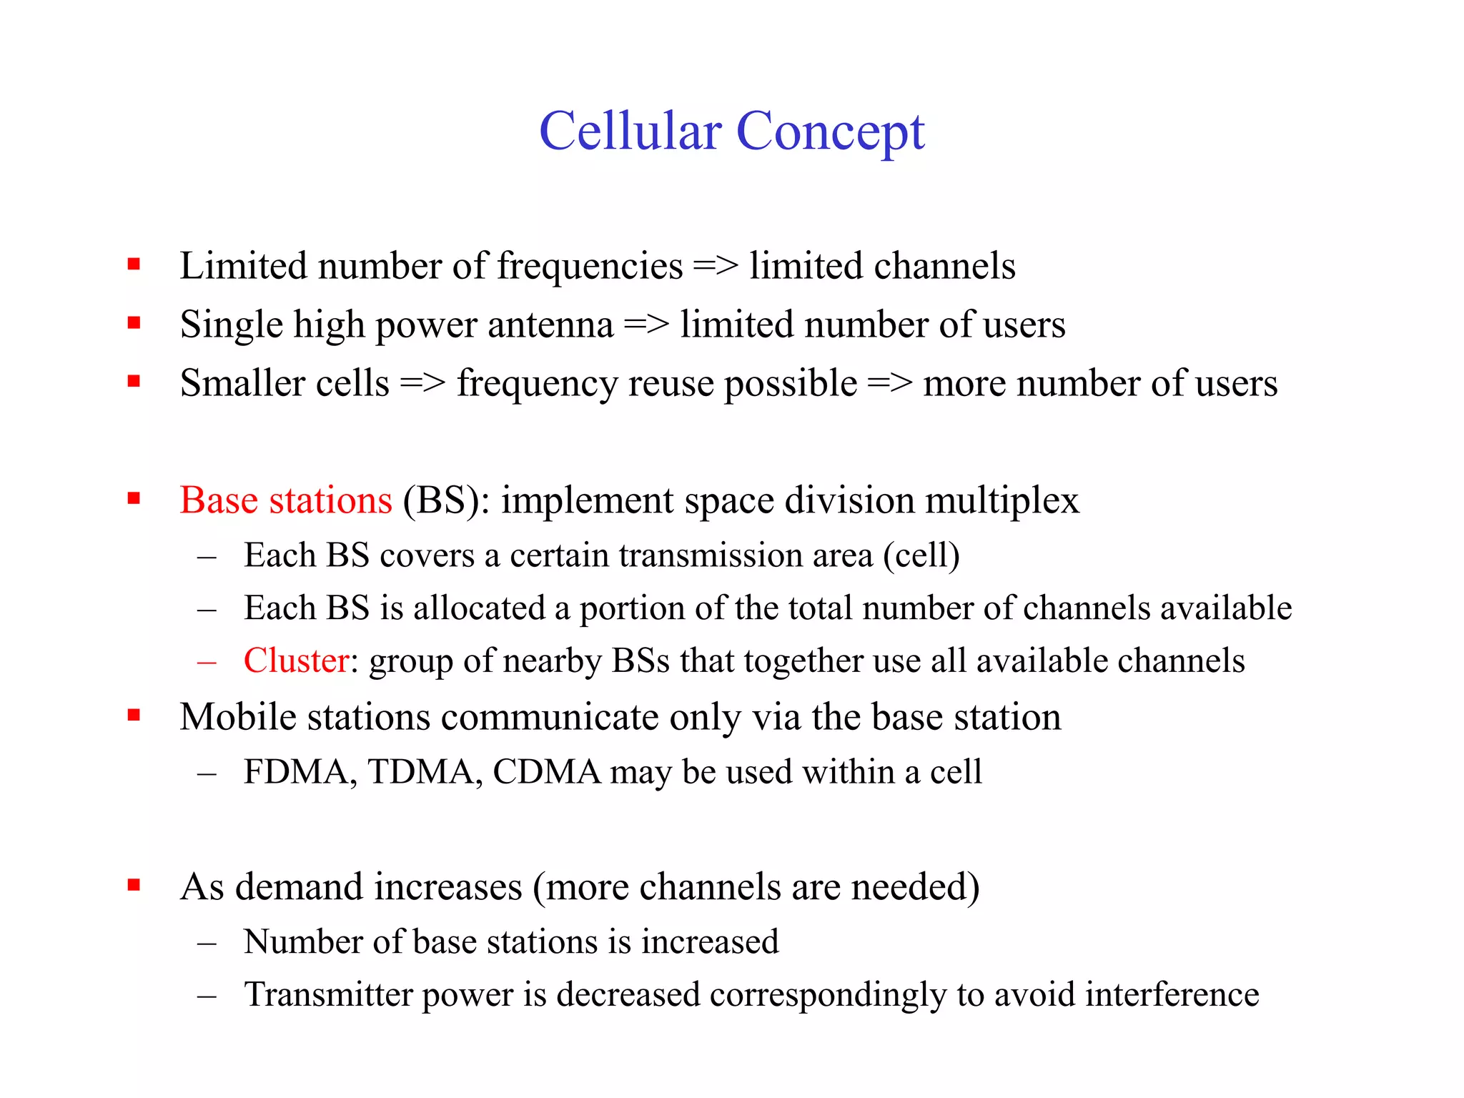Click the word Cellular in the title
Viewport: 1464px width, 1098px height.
coord(630,132)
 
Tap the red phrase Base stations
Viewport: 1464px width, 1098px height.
coord(286,500)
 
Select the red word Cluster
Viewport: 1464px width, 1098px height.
coord(296,661)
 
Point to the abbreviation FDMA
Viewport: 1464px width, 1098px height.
coord(300,772)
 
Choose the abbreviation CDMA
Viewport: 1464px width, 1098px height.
coord(547,772)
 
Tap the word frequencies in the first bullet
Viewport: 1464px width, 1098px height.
coord(590,267)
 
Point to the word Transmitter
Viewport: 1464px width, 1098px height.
coord(328,994)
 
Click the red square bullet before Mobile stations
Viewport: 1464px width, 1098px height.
coord(134,715)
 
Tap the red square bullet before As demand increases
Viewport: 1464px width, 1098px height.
coord(134,885)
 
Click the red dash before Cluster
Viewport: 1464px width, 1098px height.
coord(207,662)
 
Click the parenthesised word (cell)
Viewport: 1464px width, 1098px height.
coord(921,555)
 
